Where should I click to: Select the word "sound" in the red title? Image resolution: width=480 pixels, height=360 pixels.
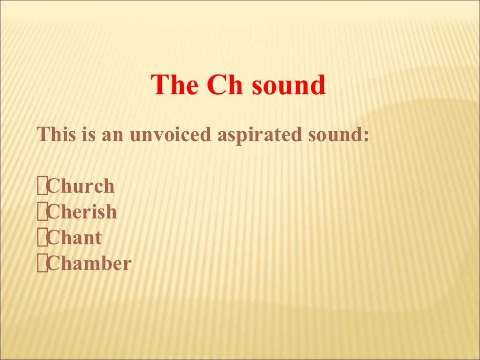click(288, 85)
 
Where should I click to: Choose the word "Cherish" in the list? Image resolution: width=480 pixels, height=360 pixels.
click(82, 212)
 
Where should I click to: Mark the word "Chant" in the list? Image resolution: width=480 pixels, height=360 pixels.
click(75, 238)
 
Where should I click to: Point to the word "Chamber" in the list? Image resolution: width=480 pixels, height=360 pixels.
click(90, 263)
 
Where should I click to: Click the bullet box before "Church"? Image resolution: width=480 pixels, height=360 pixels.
click(42, 187)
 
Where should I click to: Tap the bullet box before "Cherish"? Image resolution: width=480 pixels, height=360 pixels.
click(42, 212)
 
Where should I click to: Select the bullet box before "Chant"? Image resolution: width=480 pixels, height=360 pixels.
click(42, 238)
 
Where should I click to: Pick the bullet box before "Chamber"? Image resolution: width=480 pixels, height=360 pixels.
click(42, 264)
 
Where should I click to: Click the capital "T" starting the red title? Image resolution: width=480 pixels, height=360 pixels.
click(159, 85)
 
